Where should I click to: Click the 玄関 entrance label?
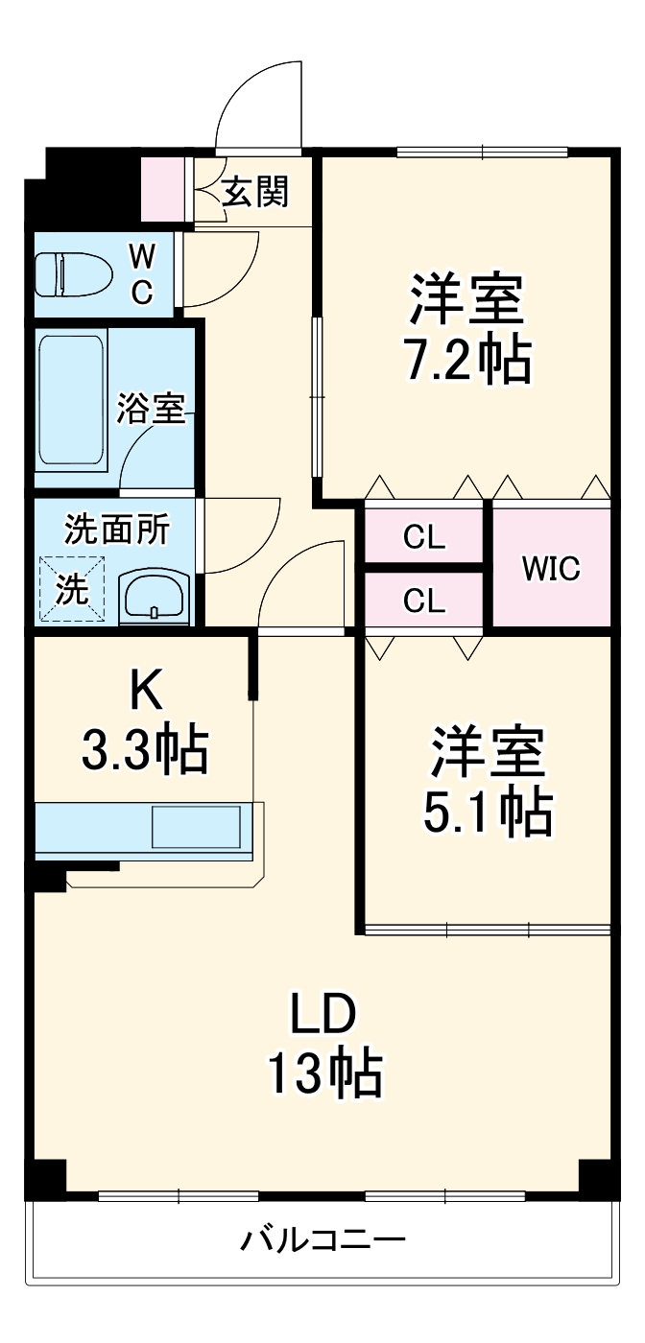pos(255,193)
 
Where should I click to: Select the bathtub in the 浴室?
pos(71,400)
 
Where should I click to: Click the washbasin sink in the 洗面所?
pos(154,596)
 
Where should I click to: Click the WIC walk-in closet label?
pos(551,569)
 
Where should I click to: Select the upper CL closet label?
pos(423,538)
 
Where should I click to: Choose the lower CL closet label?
pos(423,601)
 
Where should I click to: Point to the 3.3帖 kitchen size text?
pos(144,750)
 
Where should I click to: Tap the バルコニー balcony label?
pos(322,1241)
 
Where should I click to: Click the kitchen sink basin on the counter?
pos(196,827)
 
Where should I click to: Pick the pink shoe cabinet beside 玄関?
pos(164,189)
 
